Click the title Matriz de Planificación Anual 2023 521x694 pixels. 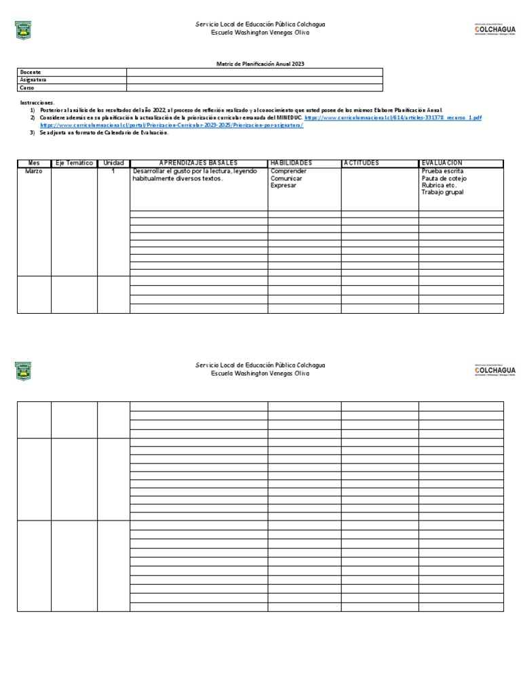pyautogui.click(x=260, y=64)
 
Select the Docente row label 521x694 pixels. pyautogui.click(x=31, y=72)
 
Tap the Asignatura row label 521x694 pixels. pyautogui.click(x=33, y=80)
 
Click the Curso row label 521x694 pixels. pyautogui.click(x=27, y=88)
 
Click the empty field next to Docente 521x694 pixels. pyautogui.click(x=254, y=72)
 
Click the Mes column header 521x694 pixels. pyautogui.click(x=34, y=163)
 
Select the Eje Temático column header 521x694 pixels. pyautogui.click(x=74, y=163)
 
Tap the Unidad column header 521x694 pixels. pyautogui.click(x=113, y=163)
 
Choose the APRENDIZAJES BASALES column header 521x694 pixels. pyautogui.click(x=198, y=163)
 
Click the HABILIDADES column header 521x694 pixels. pyautogui.click(x=291, y=163)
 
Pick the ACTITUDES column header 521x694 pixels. pyautogui.click(x=362, y=163)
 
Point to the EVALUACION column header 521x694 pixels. pyautogui.click(x=442, y=163)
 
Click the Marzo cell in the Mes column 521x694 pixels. pyautogui.click(x=34, y=171)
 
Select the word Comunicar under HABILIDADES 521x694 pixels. pyautogui.click(x=287, y=178)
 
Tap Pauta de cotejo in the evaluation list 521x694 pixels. pyautogui.click(x=444, y=178)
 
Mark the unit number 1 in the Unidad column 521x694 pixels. pyautogui.click(x=113, y=171)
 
